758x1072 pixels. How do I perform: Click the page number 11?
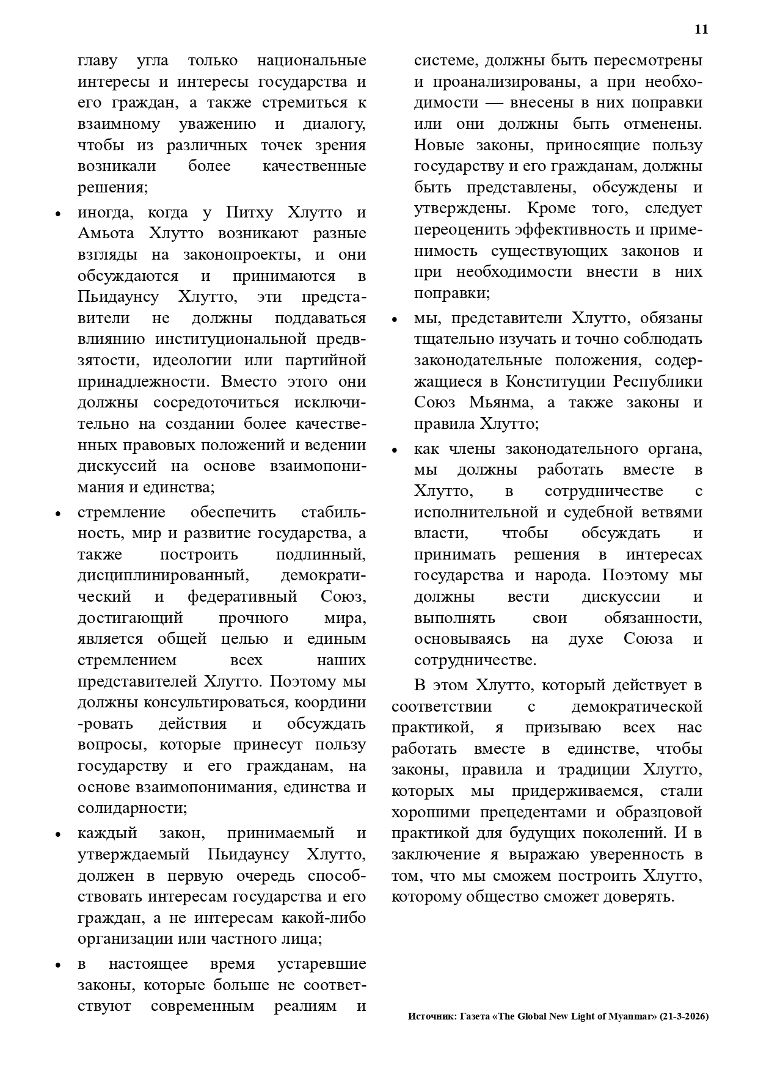pyautogui.click(x=701, y=29)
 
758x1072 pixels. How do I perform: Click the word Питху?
pyautogui.click(x=248, y=213)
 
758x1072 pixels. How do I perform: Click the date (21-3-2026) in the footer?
pyautogui.click(x=684, y=1017)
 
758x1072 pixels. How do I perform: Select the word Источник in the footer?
pyautogui.click(x=430, y=1017)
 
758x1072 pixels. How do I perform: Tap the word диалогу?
pyautogui.click(x=334, y=124)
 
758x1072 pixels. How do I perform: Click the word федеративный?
pyautogui.click(x=242, y=596)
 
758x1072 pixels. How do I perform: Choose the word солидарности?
pyautogui.click(x=131, y=808)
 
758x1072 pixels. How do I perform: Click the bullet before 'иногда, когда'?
pyautogui.click(x=58, y=214)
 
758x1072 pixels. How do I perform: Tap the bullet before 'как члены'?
pyautogui.click(x=395, y=451)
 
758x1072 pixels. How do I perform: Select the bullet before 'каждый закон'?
pyautogui.click(x=58, y=835)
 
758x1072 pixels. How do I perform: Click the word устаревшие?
pyautogui.click(x=321, y=964)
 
